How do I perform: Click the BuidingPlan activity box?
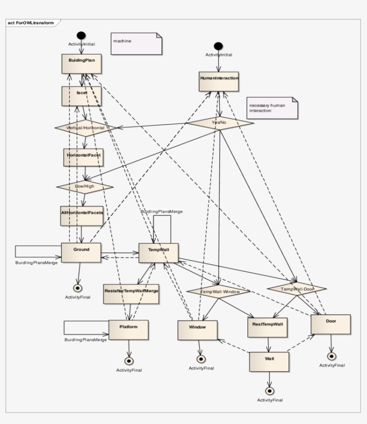pos(81,64)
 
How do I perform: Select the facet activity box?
pos(81,96)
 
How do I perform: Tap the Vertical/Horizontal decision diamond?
pos(85,128)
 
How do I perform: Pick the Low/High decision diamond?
pos(85,186)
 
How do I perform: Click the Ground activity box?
pos(81,253)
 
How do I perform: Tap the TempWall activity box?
pos(158,253)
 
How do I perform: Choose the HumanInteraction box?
pos(218,81)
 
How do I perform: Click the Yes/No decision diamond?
pos(219,122)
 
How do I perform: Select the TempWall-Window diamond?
pos(219,291)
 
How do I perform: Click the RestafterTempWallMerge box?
pos(131,294)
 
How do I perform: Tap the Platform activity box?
pos(128,330)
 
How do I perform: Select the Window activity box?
pos(197,330)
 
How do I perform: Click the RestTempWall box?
pos(268,327)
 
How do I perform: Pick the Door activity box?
pos(331,324)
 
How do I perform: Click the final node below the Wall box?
pos(269,390)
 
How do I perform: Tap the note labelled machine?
pos(137,43)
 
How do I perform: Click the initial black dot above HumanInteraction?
pos(218,46)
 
